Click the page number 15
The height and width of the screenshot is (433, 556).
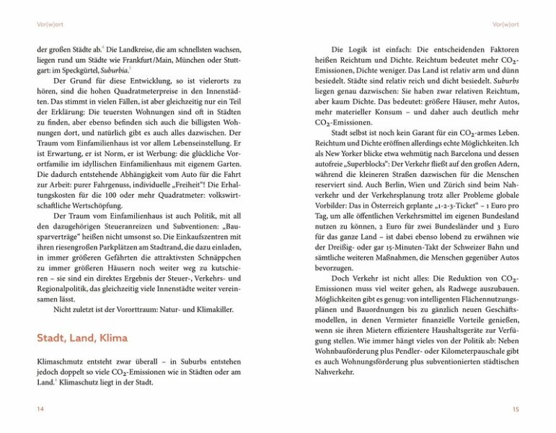(x=515, y=409)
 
